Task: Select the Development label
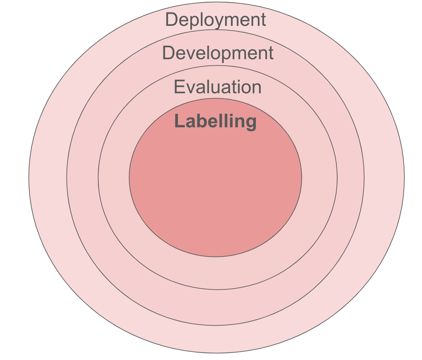point(218,53)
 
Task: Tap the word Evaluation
point(218,87)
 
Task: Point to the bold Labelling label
point(216,121)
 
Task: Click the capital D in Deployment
point(172,20)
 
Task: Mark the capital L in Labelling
point(179,121)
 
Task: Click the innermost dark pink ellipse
point(216,190)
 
